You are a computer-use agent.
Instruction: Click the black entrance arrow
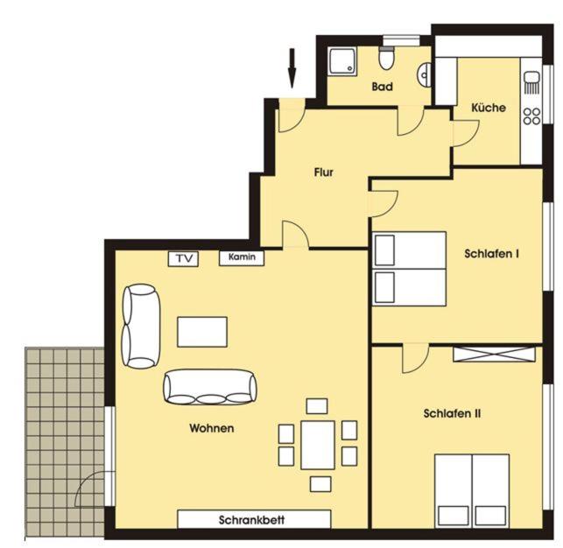[292, 68]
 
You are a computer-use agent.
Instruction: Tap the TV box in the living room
[183, 258]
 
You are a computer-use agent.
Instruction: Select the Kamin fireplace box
[242, 257]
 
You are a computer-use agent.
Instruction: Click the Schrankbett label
[251, 520]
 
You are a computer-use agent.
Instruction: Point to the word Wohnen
[212, 428]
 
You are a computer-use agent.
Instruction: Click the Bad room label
[382, 87]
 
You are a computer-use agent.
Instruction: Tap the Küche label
[489, 108]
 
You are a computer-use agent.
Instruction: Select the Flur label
[323, 172]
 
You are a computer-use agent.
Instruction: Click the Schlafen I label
[491, 254]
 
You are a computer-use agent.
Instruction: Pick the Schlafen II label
[452, 413]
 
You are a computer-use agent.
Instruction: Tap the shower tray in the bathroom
[343, 61]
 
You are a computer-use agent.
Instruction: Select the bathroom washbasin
[424, 74]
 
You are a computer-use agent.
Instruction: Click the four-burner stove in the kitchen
[531, 116]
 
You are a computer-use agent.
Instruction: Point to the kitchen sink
[531, 82]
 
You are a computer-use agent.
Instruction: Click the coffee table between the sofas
[202, 332]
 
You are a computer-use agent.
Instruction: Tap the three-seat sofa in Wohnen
[210, 388]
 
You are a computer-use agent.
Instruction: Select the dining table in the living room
[318, 445]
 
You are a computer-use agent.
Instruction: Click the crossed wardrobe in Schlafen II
[494, 354]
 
